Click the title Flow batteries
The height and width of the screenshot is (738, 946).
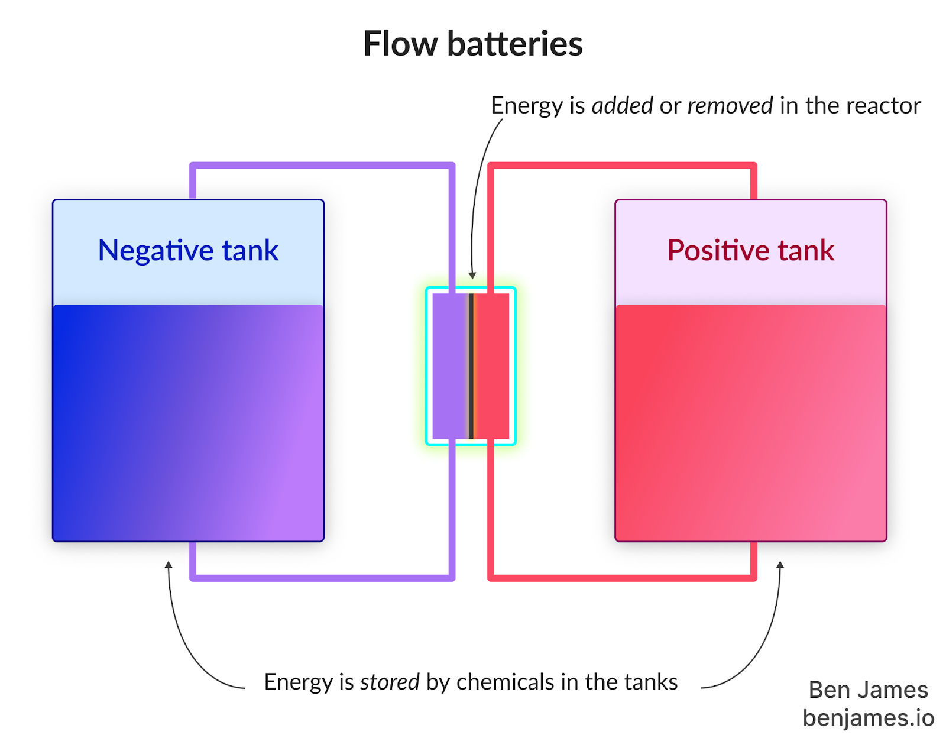(x=472, y=44)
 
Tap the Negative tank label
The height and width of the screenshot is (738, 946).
(x=188, y=250)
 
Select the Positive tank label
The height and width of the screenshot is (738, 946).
(x=750, y=250)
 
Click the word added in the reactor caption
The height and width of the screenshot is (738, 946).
(x=622, y=106)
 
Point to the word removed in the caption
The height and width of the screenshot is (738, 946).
(x=730, y=106)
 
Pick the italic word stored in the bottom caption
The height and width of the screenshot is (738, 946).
(x=390, y=682)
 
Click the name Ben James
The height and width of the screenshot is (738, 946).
(x=868, y=690)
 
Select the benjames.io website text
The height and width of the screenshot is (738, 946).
(x=868, y=718)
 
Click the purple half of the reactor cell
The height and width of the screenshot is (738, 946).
(x=450, y=366)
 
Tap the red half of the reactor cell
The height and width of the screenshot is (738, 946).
(x=492, y=366)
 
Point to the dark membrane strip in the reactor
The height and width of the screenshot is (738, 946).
(x=471, y=366)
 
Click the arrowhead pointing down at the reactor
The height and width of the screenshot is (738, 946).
(x=472, y=275)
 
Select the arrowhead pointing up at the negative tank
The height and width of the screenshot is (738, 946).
(x=169, y=565)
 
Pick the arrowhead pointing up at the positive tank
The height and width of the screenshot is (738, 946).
(x=780, y=565)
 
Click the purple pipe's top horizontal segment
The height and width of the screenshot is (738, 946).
(x=322, y=166)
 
